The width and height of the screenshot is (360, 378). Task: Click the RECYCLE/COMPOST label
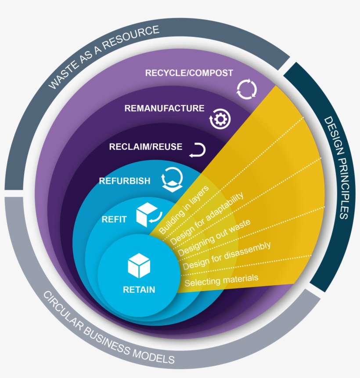[x=189, y=73]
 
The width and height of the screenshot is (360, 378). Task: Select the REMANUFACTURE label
[x=164, y=108]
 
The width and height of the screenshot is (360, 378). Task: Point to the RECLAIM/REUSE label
[x=145, y=146]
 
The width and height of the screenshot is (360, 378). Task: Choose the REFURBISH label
[x=125, y=181]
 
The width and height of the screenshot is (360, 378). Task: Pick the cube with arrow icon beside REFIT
[x=148, y=215]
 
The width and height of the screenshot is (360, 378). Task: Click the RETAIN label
[x=139, y=290]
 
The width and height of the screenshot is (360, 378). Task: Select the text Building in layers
[x=184, y=209]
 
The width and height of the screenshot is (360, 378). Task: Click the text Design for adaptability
[x=206, y=218]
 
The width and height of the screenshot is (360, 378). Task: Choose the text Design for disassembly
[x=227, y=255]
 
